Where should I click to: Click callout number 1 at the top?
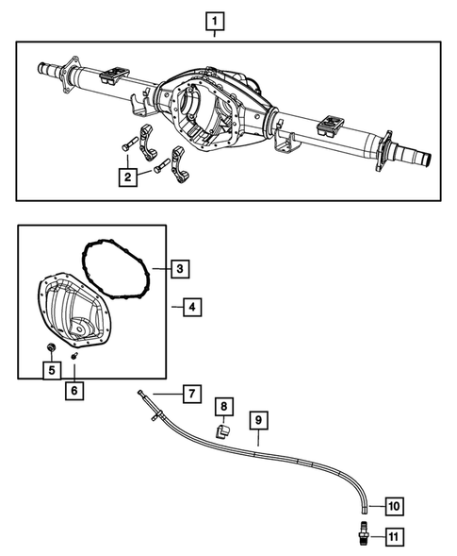click(217, 20)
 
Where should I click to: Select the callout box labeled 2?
click(125, 176)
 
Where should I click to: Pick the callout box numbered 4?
click(191, 307)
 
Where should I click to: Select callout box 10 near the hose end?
click(392, 506)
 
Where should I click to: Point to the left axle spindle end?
click(45, 68)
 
